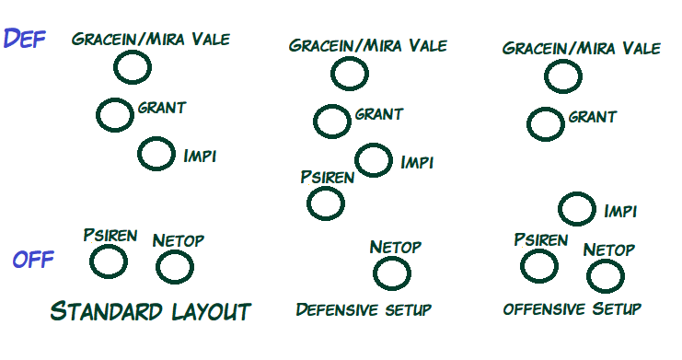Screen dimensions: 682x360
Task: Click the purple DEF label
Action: [24, 39]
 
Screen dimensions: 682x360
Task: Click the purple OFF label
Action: [33, 260]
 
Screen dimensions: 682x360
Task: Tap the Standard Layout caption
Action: [151, 311]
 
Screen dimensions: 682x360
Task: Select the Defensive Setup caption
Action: [364, 309]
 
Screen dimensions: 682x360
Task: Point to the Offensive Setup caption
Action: [572, 308]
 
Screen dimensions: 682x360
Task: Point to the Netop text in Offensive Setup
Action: [609, 250]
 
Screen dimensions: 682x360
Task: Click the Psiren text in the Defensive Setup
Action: [328, 177]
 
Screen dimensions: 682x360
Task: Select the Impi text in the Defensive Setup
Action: [417, 162]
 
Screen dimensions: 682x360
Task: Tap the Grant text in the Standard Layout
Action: [162, 108]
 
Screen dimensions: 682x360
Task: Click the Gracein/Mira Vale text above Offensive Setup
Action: [582, 48]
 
